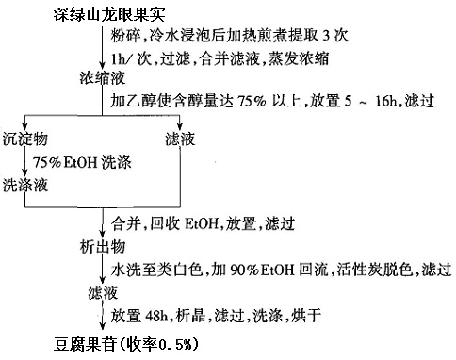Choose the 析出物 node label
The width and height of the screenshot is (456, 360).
point(97,247)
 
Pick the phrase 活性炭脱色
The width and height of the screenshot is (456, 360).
point(358,270)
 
